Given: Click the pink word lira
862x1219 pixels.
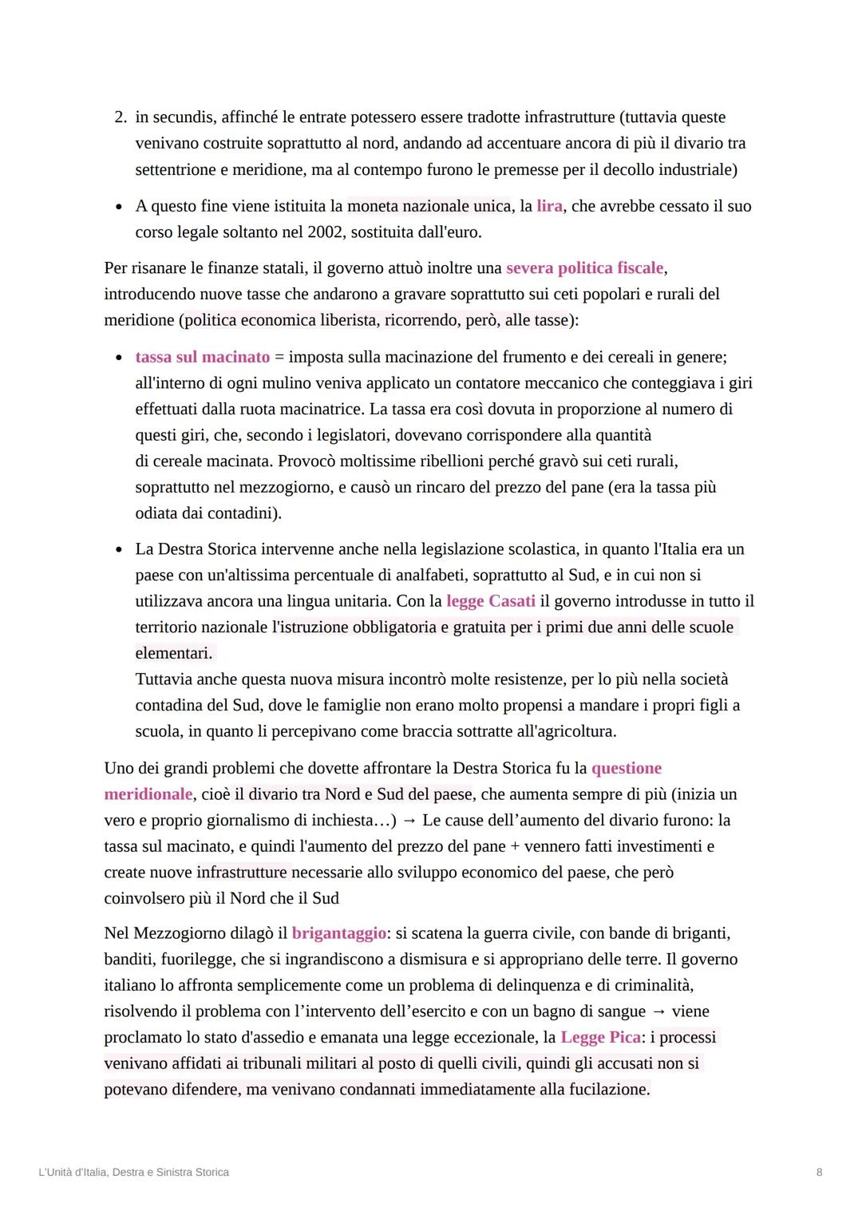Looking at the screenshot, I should (x=549, y=206).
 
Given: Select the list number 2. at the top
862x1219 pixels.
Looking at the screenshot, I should (x=121, y=117).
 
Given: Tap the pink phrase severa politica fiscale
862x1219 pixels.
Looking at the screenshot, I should (x=584, y=267).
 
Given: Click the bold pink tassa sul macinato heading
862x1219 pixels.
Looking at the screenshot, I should (x=203, y=357).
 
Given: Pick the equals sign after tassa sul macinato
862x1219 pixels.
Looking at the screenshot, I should (x=279, y=357).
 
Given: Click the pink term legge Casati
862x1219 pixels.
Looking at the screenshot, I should (x=491, y=601).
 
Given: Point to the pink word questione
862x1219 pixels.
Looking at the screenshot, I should (x=627, y=768).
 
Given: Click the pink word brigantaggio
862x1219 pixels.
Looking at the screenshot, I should (x=338, y=933).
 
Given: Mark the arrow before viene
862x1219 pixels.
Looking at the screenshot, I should (x=658, y=1011).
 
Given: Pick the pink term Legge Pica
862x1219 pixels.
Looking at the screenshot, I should (x=600, y=1037).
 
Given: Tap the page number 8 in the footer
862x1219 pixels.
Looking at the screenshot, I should (x=819, y=1172).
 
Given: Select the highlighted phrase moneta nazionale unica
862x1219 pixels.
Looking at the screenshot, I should (x=429, y=206).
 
